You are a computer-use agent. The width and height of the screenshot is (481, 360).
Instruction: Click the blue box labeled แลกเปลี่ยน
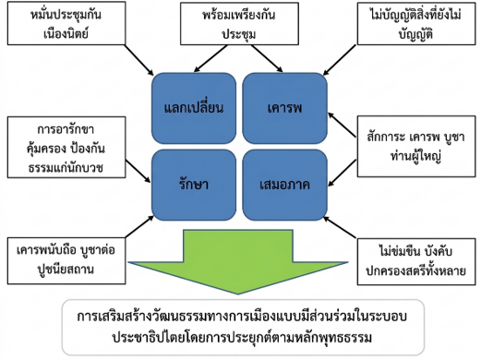194,108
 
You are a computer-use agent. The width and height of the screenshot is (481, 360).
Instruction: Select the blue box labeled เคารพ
284,108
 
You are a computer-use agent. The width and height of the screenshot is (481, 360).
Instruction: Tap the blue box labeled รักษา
194,185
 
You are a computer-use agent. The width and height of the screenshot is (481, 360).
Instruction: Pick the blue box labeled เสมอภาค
284,185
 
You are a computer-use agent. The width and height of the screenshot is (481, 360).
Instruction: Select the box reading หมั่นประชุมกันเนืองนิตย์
66,23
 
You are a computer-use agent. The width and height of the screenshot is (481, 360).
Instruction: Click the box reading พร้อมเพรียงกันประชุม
239,24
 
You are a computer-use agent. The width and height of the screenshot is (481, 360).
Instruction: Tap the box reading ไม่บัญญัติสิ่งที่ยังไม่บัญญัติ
416,24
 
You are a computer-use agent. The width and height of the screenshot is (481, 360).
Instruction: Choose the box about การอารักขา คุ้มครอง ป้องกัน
66,147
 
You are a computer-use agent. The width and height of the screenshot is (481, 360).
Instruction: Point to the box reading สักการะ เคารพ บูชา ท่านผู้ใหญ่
416,146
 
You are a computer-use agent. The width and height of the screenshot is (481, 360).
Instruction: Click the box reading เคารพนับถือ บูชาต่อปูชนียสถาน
66,260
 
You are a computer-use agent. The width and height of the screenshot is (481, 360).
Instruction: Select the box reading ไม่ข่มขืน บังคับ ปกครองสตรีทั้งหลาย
416,261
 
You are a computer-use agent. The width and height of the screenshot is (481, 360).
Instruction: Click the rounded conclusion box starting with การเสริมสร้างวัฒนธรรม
243,328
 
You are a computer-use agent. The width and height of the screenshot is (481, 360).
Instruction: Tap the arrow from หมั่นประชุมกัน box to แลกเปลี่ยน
139,60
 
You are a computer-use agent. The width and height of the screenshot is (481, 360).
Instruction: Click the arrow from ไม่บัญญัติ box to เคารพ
340,60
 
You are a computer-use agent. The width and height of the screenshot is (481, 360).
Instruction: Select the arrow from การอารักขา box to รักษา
138,171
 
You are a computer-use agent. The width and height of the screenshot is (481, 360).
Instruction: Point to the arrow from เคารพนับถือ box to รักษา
139,226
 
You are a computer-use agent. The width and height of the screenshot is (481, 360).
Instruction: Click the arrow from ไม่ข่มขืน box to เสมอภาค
340,227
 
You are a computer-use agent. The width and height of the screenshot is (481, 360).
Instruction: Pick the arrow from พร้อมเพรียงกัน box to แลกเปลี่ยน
210,58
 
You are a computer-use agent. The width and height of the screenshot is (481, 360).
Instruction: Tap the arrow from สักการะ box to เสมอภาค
342,173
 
